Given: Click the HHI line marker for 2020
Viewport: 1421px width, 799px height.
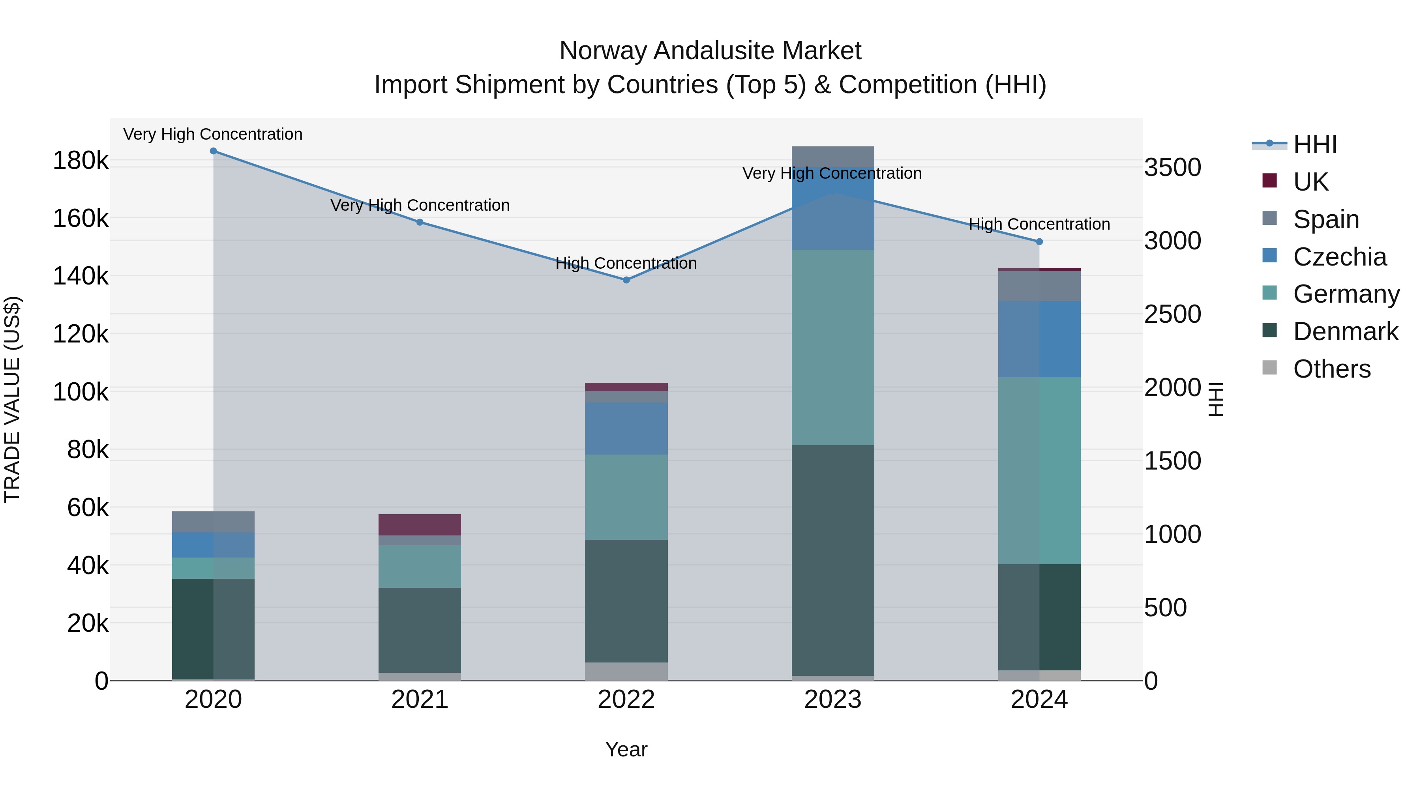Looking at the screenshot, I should (x=214, y=151).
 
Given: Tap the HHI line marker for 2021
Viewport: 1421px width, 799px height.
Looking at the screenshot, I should (x=420, y=222).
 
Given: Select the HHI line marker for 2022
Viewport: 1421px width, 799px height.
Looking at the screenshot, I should (x=626, y=280).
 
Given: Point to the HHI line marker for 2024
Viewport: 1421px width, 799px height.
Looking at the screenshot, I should (x=1039, y=241).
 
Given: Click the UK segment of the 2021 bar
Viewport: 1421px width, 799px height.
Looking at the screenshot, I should (x=420, y=524).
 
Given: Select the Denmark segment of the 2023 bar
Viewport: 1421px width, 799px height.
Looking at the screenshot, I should (x=833, y=559).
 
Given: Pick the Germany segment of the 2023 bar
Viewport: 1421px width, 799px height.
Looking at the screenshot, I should (x=833, y=347).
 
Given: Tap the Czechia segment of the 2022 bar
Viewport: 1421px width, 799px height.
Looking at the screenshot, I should (x=626, y=429).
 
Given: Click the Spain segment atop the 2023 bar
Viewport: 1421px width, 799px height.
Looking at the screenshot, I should (x=833, y=157).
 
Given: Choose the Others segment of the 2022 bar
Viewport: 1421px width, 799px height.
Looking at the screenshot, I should (x=626, y=671).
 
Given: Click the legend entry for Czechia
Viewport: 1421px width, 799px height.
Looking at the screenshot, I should (x=1339, y=257).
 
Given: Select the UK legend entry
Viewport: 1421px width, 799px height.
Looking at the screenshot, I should (x=1310, y=182).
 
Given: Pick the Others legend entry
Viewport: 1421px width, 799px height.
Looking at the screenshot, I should (x=1332, y=369).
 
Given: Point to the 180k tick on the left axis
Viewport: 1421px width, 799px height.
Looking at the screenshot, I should (x=81, y=161).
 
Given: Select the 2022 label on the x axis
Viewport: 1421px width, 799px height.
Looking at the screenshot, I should (x=626, y=700).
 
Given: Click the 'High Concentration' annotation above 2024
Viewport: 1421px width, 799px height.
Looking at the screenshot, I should (x=1039, y=225).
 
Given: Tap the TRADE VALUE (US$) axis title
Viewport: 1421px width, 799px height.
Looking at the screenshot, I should (x=12, y=399).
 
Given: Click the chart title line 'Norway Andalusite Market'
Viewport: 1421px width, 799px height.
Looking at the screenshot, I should (x=710, y=51).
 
